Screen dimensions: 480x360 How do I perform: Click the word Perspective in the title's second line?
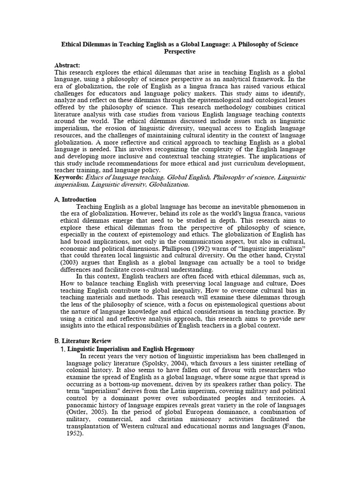tap(180, 52)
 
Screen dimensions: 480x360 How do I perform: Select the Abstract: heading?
tap(67, 66)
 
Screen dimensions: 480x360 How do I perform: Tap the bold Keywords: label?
tap(69, 177)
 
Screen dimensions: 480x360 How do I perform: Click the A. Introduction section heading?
tap(75, 199)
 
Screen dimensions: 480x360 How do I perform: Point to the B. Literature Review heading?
tap(82, 341)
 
